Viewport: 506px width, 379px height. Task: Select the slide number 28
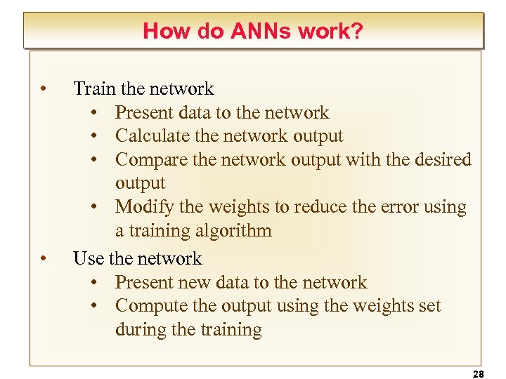point(479,374)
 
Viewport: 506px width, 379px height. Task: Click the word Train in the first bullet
point(95,89)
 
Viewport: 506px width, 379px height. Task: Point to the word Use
point(88,259)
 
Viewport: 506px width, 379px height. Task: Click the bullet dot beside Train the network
point(44,89)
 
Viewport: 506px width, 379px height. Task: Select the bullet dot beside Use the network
point(44,259)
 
